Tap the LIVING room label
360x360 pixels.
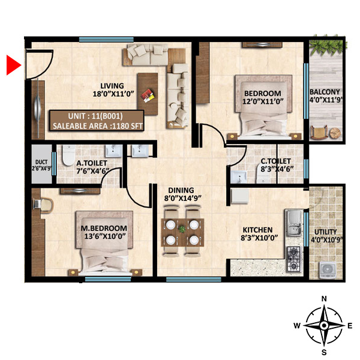click(x=112, y=85)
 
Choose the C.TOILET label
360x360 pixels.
click(x=275, y=161)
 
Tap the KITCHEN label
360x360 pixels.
click(x=257, y=230)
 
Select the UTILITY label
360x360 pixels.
click(x=325, y=232)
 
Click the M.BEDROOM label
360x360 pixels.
click(x=104, y=229)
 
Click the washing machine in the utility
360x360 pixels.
click(x=327, y=269)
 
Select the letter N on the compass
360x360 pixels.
click(x=324, y=298)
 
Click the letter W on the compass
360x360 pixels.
click(x=296, y=326)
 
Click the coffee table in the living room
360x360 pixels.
click(x=148, y=94)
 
